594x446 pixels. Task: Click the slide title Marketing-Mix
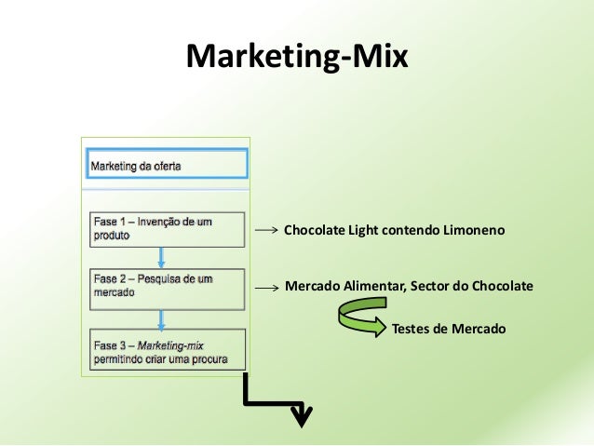click(297, 57)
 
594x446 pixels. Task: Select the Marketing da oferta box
click(168, 166)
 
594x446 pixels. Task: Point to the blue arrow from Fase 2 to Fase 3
click(162, 314)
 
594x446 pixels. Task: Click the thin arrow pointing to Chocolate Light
click(267, 229)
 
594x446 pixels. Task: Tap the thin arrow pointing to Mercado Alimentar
click(267, 289)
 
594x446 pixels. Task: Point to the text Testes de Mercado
click(449, 328)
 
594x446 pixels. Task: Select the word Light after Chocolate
click(365, 229)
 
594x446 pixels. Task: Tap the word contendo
click(412, 229)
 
